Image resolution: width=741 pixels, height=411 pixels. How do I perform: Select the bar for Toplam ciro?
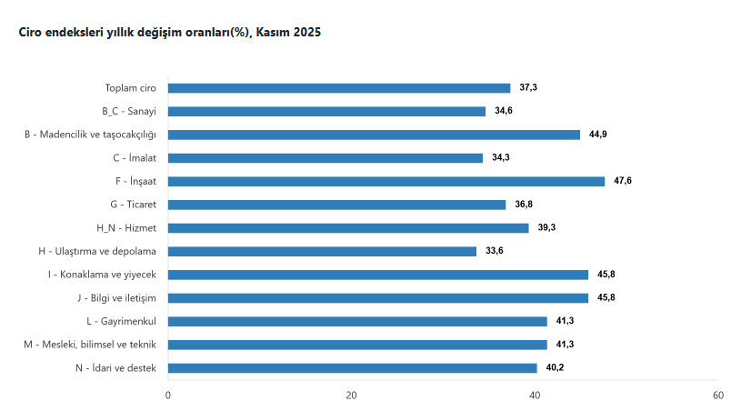pyautogui.click(x=339, y=88)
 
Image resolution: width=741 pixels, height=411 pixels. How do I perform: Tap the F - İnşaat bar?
pyautogui.click(x=386, y=181)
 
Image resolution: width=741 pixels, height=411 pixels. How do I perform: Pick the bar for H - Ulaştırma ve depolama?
pyautogui.click(x=322, y=251)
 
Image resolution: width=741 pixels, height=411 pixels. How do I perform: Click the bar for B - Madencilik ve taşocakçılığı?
pyautogui.click(x=374, y=135)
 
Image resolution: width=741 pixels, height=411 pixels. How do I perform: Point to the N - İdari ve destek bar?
pyautogui.click(x=353, y=367)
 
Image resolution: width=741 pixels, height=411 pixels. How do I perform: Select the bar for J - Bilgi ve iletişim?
pyautogui.click(x=378, y=297)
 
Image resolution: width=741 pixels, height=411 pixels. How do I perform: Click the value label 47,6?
pyautogui.click(x=623, y=181)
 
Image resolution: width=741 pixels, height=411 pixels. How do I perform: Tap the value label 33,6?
pyautogui.click(x=494, y=251)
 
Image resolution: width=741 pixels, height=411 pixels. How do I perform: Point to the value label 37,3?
pyautogui.click(x=528, y=88)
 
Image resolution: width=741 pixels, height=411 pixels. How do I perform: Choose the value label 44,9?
pyautogui.click(x=598, y=135)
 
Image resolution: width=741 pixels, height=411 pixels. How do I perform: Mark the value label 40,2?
pyautogui.click(x=555, y=367)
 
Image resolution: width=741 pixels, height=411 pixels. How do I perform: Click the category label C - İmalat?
pyautogui.click(x=129, y=158)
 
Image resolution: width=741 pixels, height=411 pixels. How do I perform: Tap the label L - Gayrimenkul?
pyautogui.click(x=122, y=321)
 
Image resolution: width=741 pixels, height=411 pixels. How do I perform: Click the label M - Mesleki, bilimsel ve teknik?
pyautogui.click(x=91, y=345)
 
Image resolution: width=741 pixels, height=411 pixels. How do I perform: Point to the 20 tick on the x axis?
pyautogui.click(x=351, y=396)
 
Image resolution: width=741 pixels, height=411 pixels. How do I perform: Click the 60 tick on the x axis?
pyautogui.click(x=717, y=396)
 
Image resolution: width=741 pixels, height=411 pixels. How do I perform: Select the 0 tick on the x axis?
pyautogui.click(x=168, y=396)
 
